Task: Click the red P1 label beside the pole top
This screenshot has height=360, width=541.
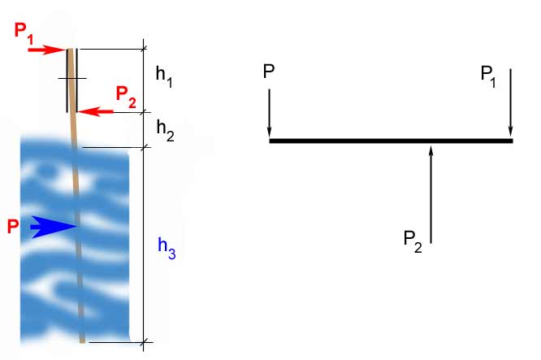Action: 24,33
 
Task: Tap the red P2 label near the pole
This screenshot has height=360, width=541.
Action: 126,97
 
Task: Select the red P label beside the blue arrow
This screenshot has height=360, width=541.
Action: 13,227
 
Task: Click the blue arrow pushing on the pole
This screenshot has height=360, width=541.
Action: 54,227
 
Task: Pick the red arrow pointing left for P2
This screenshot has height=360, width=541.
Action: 95,111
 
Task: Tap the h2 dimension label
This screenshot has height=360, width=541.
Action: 165,130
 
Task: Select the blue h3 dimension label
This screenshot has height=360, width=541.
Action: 167,248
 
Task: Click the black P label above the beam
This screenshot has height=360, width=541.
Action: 269,71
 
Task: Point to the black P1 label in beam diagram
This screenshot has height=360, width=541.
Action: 488,76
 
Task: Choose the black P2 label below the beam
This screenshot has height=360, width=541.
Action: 413,241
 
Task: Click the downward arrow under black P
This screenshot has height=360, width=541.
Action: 269,113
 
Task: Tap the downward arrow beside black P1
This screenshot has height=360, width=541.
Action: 511,102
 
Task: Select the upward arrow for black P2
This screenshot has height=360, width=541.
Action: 431,194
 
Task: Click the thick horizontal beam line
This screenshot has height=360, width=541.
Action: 392,141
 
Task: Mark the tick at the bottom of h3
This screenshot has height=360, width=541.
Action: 144,342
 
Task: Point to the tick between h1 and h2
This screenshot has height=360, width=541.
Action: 144,112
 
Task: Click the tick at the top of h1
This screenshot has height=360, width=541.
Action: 144,49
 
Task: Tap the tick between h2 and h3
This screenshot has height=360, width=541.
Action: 144,148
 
